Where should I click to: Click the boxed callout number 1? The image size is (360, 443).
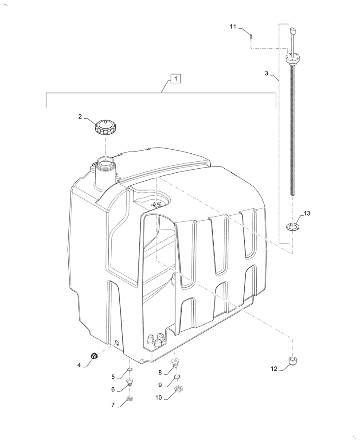(176, 79)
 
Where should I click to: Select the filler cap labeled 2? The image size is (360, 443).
(106, 128)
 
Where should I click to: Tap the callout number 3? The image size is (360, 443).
(266, 74)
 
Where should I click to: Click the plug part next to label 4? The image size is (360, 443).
(94, 356)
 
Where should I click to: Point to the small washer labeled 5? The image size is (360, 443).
(129, 370)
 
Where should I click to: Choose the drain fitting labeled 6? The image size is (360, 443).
(130, 383)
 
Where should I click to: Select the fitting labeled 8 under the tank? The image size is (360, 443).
(176, 364)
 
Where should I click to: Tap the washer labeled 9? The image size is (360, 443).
(176, 377)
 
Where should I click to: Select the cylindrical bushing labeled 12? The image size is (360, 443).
(292, 361)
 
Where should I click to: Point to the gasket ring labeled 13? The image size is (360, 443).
(292, 228)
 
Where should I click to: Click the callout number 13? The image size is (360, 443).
(307, 214)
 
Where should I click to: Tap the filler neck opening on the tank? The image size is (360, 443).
(106, 163)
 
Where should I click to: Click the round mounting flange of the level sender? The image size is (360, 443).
(292, 58)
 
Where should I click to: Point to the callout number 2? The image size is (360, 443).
(80, 117)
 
